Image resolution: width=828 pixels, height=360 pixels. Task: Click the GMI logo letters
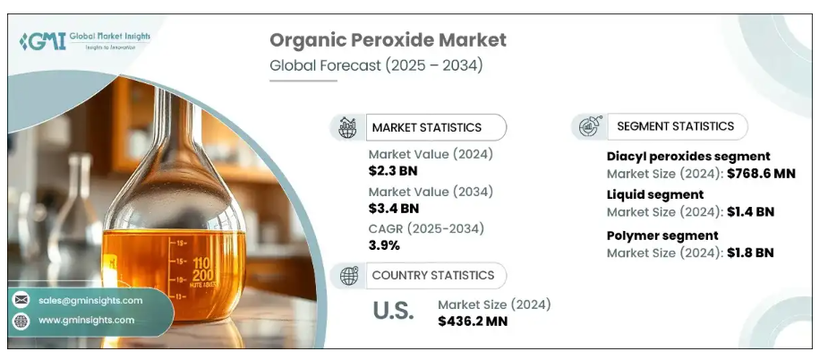pos(43,41)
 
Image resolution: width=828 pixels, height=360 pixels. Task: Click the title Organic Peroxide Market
pos(388,40)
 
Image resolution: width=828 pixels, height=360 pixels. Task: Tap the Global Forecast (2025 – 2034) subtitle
pos(376,65)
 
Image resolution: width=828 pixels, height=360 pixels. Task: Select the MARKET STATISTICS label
pos(427,127)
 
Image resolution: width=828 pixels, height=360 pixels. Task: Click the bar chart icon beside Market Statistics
pos(347,127)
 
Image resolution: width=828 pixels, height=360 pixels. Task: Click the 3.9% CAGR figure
pos(384,245)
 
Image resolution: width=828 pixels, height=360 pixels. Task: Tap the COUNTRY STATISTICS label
pos(433,276)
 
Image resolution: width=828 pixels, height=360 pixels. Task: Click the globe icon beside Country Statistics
pos(348,276)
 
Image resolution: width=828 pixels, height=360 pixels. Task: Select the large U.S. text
pos(393,311)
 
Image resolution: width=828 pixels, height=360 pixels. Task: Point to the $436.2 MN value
pos(473,321)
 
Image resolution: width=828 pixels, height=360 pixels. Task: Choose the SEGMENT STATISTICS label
pos(676,126)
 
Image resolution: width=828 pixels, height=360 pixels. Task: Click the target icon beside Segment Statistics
pos(591,126)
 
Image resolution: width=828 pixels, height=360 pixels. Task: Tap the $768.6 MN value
pos(761,174)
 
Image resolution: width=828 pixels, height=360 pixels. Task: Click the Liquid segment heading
pos(655,194)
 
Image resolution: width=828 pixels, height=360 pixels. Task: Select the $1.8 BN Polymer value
pos(750,253)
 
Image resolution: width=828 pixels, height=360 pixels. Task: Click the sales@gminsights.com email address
pos(90,300)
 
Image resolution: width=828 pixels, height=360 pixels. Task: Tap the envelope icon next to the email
pos(21,300)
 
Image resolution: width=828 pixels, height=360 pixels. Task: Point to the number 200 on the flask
pos(203,275)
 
